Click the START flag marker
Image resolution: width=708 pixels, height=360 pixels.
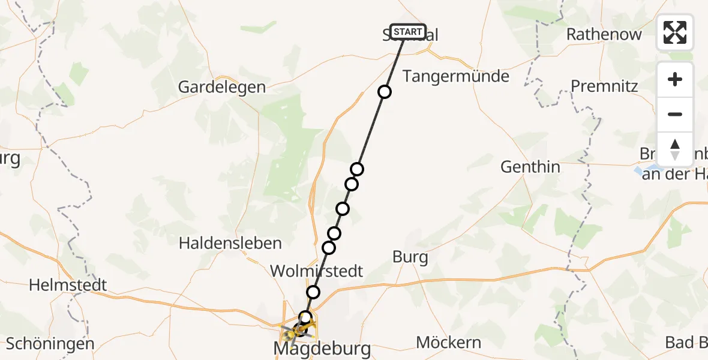pos(408,32)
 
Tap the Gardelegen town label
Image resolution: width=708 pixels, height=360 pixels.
pos(221,87)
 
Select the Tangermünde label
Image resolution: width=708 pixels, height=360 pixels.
pos(455,76)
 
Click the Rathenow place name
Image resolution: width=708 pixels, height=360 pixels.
pos(604,34)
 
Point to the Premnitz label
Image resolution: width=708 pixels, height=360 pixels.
pos(604,86)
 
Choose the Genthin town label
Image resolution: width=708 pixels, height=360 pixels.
pos(530,167)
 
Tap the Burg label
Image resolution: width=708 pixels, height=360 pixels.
pos(410,257)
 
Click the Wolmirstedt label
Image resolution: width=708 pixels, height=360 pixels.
pos(316,271)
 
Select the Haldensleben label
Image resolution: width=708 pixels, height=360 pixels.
pos(230,243)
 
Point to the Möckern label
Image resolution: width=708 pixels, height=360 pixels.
pos(448,343)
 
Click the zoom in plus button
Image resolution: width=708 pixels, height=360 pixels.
pos(675,80)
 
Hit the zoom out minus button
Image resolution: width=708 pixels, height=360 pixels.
pos(675,114)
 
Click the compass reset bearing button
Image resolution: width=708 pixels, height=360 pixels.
pos(675,149)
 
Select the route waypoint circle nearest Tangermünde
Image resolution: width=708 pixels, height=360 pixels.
pos(384,92)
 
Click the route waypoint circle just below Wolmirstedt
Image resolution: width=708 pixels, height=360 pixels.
pos(313,292)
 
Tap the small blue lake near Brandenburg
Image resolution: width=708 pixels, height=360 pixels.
pos(637,171)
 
